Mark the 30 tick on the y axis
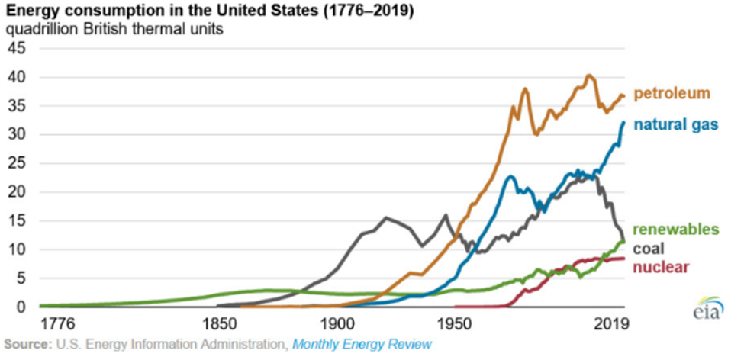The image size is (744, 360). (x=17, y=135)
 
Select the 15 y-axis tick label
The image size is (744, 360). (x=17, y=221)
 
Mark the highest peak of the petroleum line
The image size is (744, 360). (x=588, y=76)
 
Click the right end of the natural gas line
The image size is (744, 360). (x=623, y=122)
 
